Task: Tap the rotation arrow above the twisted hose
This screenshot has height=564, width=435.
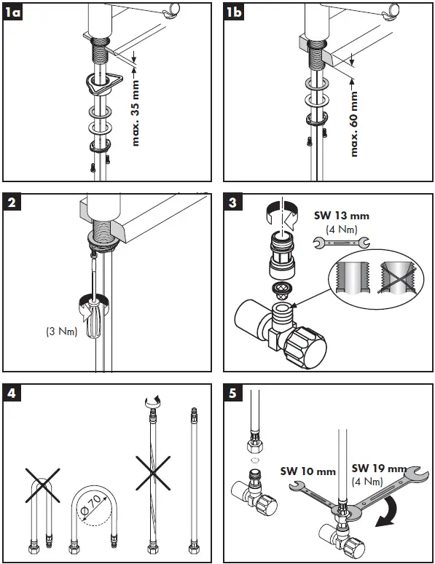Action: (x=152, y=400)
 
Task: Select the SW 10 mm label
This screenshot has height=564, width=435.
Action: (x=308, y=471)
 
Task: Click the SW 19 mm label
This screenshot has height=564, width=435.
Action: (x=379, y=468)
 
